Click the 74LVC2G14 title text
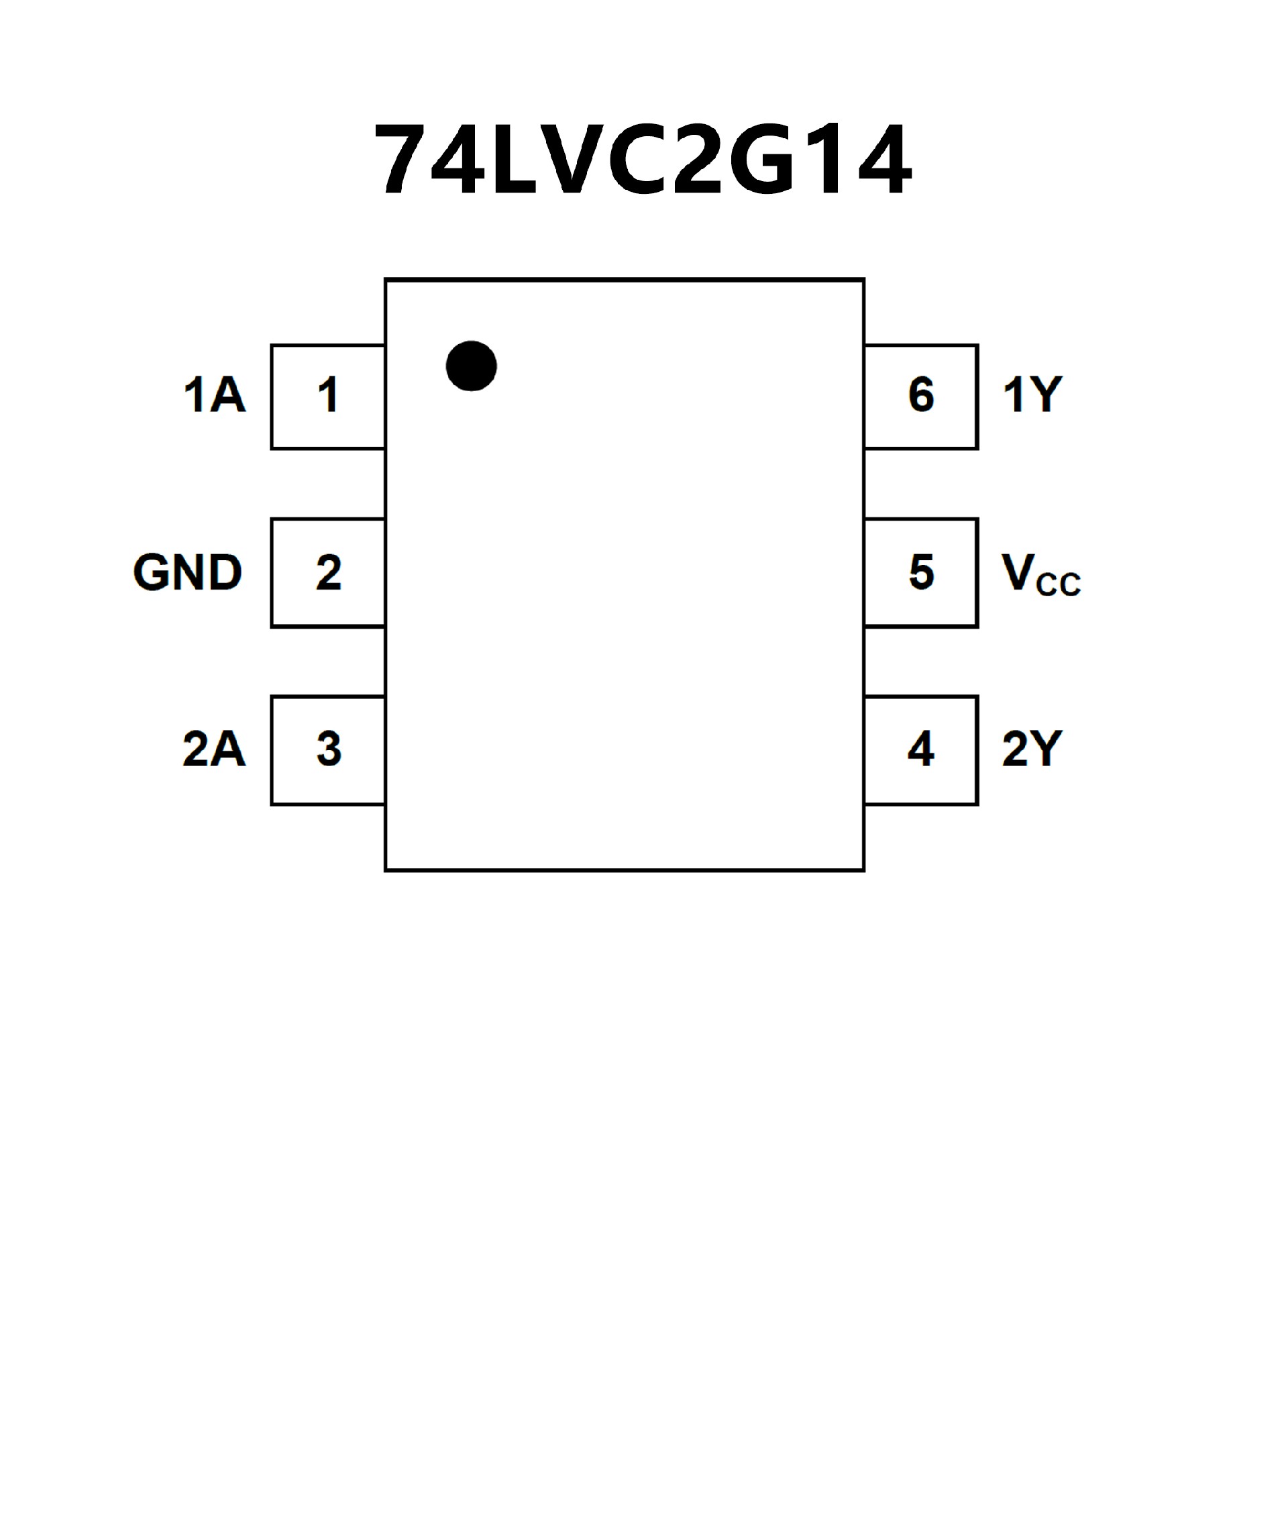tap(643, 160)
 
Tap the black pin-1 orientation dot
tap(472, 366)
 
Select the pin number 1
tap(328, 395)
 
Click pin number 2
tap(329, 572)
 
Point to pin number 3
tap(329, 749)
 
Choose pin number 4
tap(920, 749)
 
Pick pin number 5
tap(921, 572)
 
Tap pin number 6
tap(921, 395)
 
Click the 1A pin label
tap(215, 395)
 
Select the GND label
tap(187, 572)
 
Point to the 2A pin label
tap(214, 749)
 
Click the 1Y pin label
tap(1032, 395)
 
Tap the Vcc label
tap(1040, 575)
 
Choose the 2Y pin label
tap(1032, 749)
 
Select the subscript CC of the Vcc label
tap(1058, 585)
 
